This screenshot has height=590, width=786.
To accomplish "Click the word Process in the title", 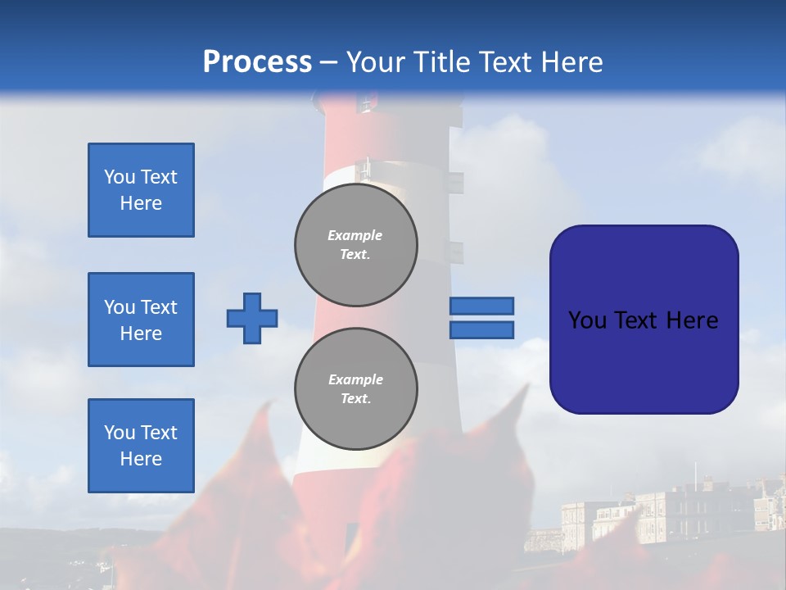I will [x=257, y=62].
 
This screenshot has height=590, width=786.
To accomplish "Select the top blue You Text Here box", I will [x=141, y=190].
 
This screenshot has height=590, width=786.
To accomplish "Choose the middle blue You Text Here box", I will [x=141, y=320].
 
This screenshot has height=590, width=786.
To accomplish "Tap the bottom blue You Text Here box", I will [x=141, y=446].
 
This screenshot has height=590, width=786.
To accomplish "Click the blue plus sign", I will [x=252, y=318].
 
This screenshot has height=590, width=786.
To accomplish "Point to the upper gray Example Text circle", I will [x=356, y=245].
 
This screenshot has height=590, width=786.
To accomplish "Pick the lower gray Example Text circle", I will [x=356, y=389].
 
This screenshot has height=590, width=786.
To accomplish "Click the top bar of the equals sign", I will [x=481, y=306].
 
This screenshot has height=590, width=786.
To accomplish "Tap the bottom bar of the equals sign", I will [x=481, y=330].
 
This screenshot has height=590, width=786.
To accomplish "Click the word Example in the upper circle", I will [x=355, y=235].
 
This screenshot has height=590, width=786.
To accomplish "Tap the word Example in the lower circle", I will [x=355, y=379].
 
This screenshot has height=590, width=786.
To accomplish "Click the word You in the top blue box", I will [x=119, y=177].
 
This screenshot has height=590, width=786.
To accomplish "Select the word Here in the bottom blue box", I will [x=141, y=459].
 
